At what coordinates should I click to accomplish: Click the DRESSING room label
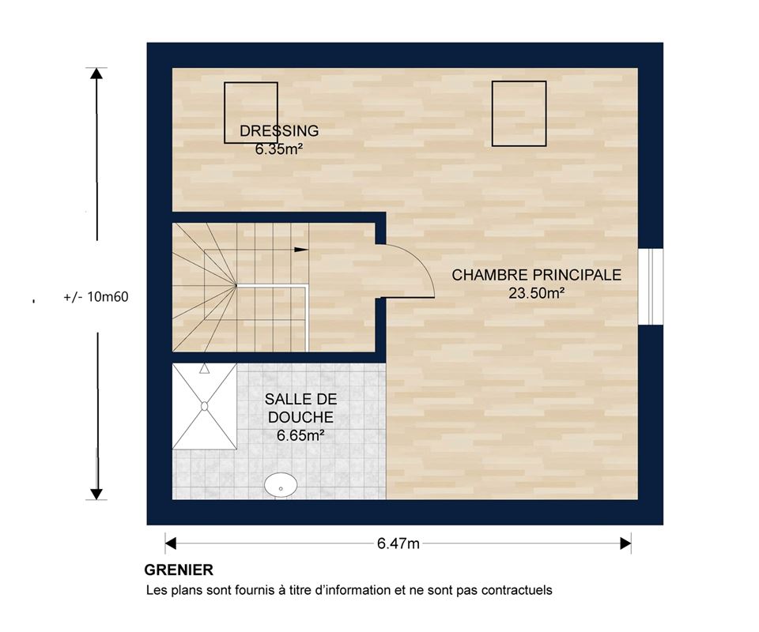[x=279, y=130]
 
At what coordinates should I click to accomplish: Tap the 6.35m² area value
[x=279, y=149]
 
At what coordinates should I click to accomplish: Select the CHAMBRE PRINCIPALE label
[x=536, y=275]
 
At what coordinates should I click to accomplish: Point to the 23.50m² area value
[x=536, y=293]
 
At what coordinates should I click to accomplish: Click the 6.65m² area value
[x=300, y=435]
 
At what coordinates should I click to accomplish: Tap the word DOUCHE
[x=300, y=417]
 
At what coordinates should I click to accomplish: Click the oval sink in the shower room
[x=281, y=484]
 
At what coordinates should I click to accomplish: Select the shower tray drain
[x=204, y=406]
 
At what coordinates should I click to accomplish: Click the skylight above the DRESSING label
[x=251, y=113]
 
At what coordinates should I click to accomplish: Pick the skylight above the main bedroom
[x=519, y=114]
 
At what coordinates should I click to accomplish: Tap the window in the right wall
[x=651, y=287]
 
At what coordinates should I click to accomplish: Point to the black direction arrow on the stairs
[x=301, y=250]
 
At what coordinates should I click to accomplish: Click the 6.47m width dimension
[x=398, y=544]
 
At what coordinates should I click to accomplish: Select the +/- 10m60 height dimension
[x=96, y=296]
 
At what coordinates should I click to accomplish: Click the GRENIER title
[x=179, y=570]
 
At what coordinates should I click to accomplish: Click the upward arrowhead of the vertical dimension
[x=96, y=73]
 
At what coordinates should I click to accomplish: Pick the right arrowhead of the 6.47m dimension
[x=625, y=544]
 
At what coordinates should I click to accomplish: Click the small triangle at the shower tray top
[x=204, y=368]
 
